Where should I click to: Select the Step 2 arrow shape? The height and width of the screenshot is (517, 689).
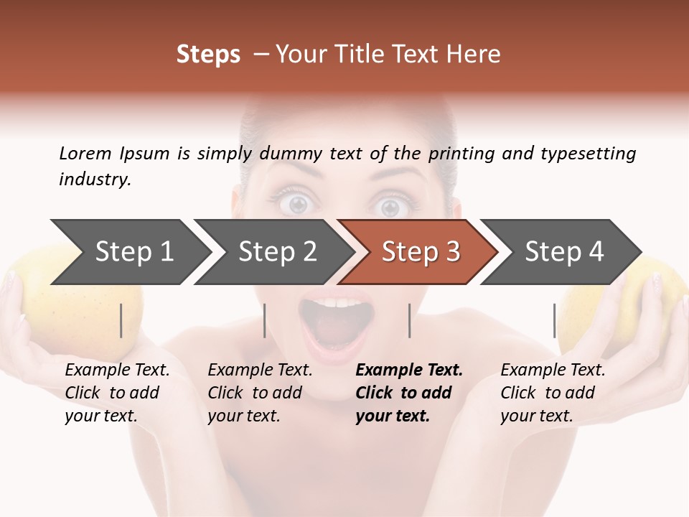(x=277, y=252)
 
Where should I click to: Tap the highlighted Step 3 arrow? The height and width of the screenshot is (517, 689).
(x=421, y=252)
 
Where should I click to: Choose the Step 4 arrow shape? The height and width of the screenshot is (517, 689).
(x=564, y=252)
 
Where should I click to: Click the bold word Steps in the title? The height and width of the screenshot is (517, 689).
(x=208, y=55)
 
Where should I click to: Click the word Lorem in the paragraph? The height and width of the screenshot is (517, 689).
(x=85, y=153)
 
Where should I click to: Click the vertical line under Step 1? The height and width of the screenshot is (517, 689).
(x=121, y=320)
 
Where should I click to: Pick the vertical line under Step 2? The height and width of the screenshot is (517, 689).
(x=265, y=320)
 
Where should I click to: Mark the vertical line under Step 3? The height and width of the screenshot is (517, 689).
(x=410, y=320)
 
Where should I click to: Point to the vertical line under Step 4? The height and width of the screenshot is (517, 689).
(x=555, y=320)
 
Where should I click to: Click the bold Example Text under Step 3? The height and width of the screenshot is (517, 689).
(x=409, y=371)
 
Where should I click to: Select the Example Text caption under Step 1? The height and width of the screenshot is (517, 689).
(x=117, y=371)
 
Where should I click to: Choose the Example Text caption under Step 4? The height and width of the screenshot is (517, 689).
(x=553, y=371)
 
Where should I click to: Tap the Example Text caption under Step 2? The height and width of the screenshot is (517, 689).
(x=260, y=371)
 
